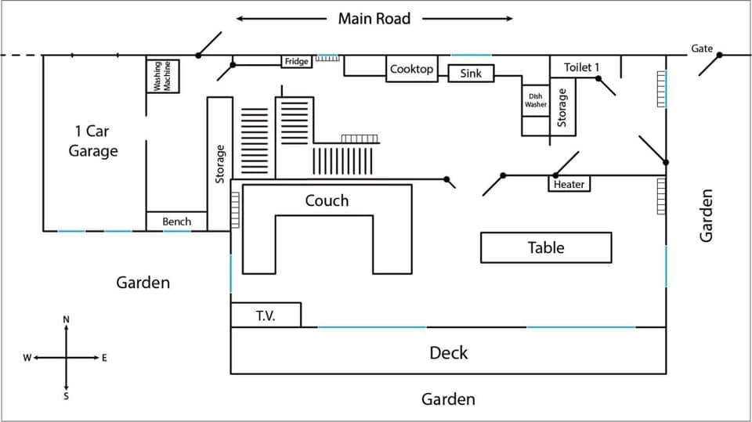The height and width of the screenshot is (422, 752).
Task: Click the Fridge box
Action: pyautogui.click(x=297, y=61)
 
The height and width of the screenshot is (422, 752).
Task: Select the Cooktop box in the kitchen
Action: pyautogui.click(x=411, y=69)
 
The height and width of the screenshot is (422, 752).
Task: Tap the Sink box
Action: pyautogui.click(x=471, y=74)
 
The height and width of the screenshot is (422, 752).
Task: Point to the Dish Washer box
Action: pyautogui.click(x=536, y=100)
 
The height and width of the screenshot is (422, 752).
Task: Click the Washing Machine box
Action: pyautogui.click(x=163, y=77)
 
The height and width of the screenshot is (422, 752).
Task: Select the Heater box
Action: pyautogui.click(x=569, y=184)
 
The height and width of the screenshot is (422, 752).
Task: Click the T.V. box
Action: pyautogui.click(x=266, y=315)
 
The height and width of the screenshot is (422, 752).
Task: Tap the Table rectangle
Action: pyautogui.click(x=545, y=247)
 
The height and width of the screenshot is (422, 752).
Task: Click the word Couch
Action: pyautogui.click(x=327, y=200)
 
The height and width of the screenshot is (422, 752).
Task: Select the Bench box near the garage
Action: pyautogui.click(x=176, y=222)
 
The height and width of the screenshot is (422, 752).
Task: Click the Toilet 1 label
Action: pyautogui.click(x=581, y=67)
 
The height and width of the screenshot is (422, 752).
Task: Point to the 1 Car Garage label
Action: pyautogui.click(x=93, y=141)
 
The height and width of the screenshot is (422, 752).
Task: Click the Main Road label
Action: pyautogui.click(x=374, y=18)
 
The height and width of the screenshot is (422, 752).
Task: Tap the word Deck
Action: pyautogui.click(x=448, y=352)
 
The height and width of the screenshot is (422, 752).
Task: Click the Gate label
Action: pyautogui.click(x=701, y=49)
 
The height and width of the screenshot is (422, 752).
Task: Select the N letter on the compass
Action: pyautogui.click(x=66, y=319)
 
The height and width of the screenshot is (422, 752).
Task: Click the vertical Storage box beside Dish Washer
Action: pyautogui.click(x=562, y=108)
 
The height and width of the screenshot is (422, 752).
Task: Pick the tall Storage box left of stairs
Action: pyautogui.click(x=220, y=164)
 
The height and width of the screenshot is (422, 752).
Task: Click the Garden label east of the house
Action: pyautogui.click(x=707, y=215)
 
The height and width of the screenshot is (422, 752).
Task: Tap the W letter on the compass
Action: pyautogui.click(x=27, y=358)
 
